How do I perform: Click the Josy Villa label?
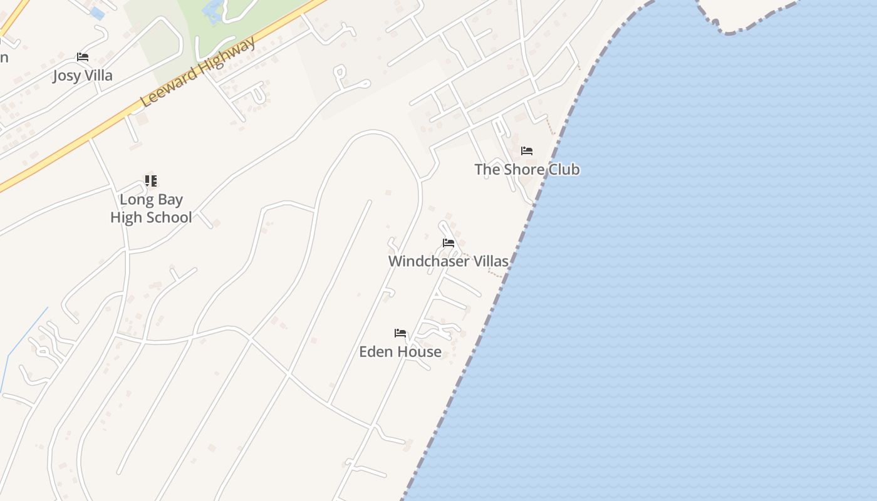click(x=83, y=76)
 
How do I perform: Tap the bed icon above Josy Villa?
click(x=83, y=57)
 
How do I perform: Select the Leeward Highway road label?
click(x=199, y=72)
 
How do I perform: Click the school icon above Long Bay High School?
click(x=151, y=181)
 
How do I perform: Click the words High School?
click(x=151, y=217)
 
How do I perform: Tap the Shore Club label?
click(x=527, y=169)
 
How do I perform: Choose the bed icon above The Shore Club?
click(x=527, y=151)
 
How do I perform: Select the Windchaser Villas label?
click(x=448, y=261)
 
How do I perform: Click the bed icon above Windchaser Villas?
click(x=449, y=243)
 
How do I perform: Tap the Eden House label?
click(x=400, y=352)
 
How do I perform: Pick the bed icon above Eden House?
click(x=400, y=333)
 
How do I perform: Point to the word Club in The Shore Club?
click(x=564, y=169)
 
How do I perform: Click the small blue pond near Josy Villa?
click(x=97, y=13)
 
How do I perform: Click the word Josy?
click(x=66, y=76)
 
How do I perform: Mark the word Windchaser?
click(x=428, y=261)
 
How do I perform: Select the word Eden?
click(x=375, y=352)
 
